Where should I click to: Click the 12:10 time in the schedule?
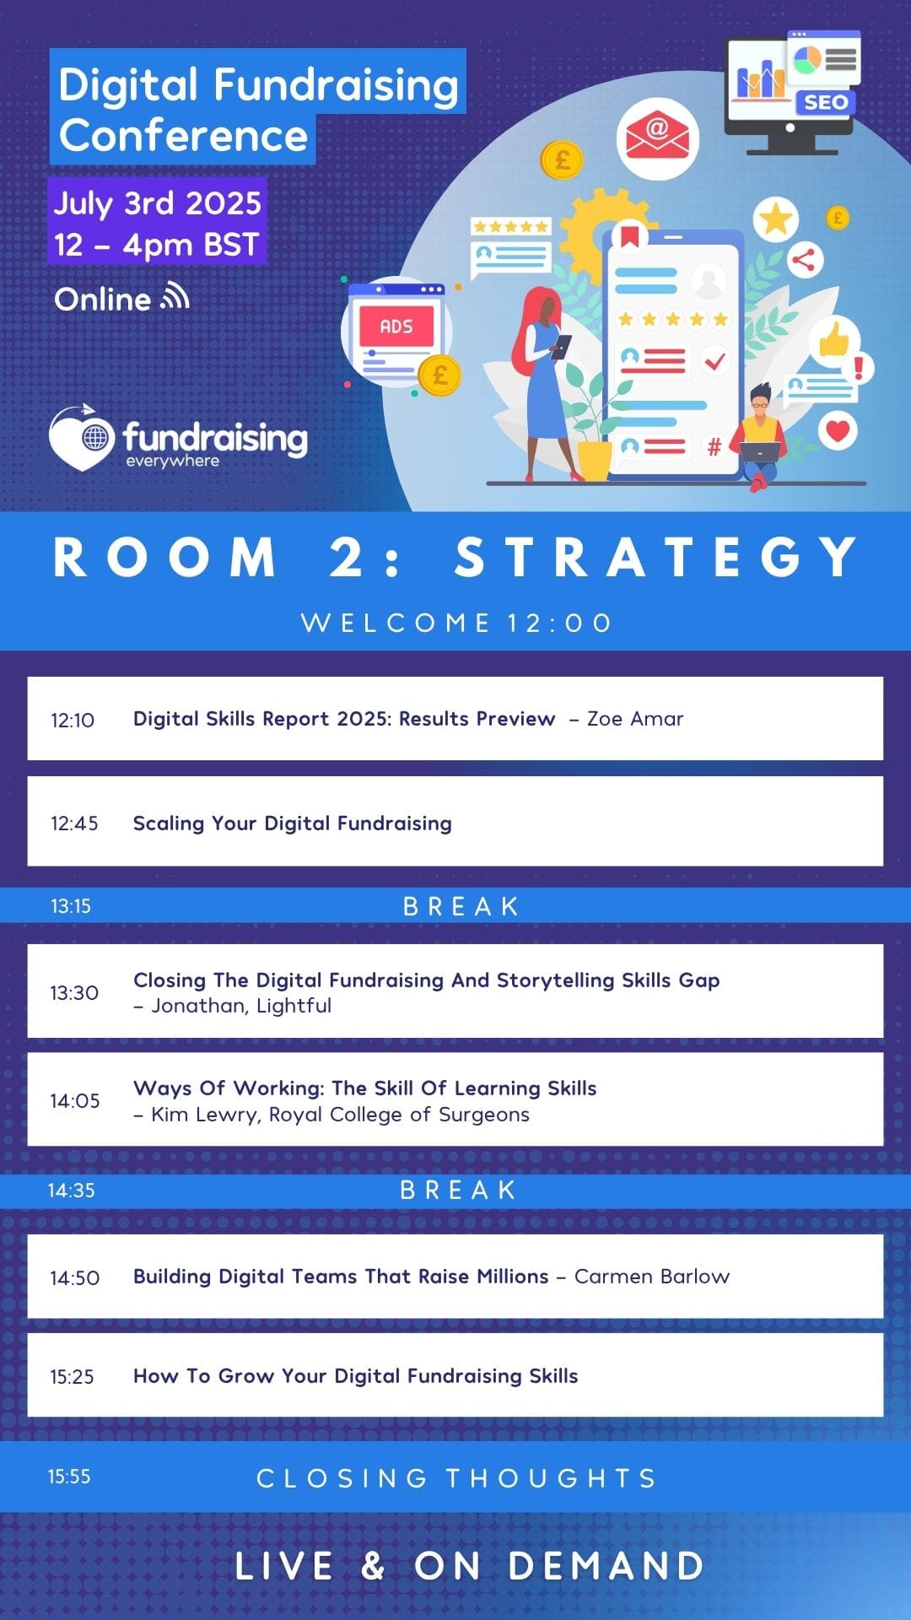pos(73,720)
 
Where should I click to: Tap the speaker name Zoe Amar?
pos(635,719)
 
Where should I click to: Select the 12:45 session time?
pos(74,823)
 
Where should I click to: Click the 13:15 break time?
pos(71,906)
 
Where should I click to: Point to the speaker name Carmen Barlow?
pos(652,1276)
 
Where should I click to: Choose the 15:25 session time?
pos(72,1376)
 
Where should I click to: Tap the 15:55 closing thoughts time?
pos(69,1477)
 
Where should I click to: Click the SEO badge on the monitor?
pos(825,102)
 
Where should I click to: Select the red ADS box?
pos(396,327)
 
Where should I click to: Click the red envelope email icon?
pos(657,138)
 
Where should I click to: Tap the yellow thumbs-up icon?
pos(834,339)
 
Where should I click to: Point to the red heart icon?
pos(838,431)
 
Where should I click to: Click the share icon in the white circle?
pos(804,259)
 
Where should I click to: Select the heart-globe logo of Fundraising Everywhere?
pos(82,437)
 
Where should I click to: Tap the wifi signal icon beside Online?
pos(175,296)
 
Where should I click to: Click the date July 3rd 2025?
pos(158,203)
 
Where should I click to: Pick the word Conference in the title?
pos(183,135)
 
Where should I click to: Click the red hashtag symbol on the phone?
pos(714,446)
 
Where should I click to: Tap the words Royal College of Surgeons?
pos(399,1114)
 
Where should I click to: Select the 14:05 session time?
pos(74,1100)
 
